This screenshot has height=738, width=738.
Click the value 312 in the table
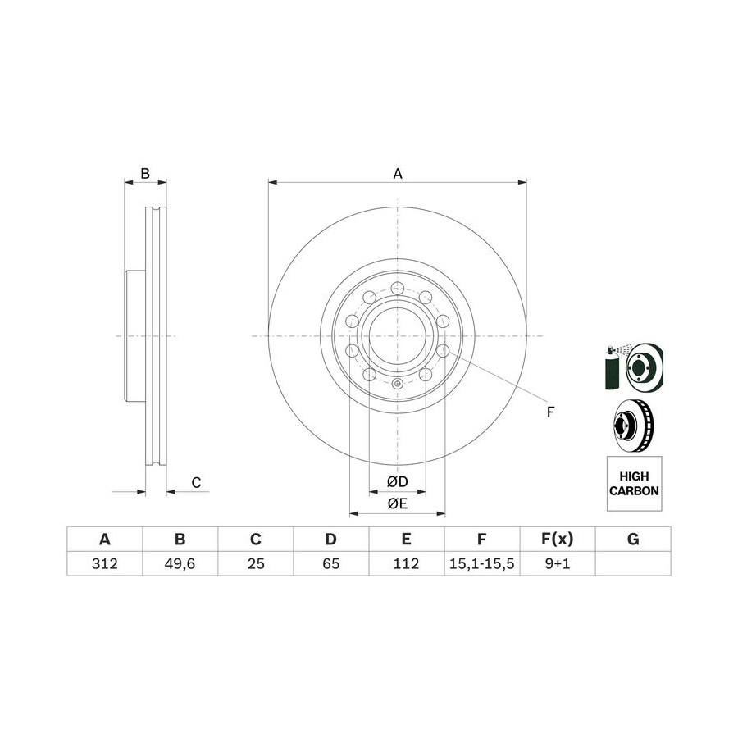tap(104, 563)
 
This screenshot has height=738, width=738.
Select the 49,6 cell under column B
tap(180, 563)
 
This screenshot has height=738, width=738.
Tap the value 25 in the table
tap(256, 563)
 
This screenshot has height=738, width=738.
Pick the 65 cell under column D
tap(331, 563)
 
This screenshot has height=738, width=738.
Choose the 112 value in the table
tap(406, 563)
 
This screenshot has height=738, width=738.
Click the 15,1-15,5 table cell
tap(481, 563)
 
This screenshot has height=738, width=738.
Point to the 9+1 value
tap(558, 563)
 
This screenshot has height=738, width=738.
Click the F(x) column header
tap(558, 539)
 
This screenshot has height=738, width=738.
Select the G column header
tap(633, 539)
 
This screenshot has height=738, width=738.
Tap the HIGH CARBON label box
tap(634, 483)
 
